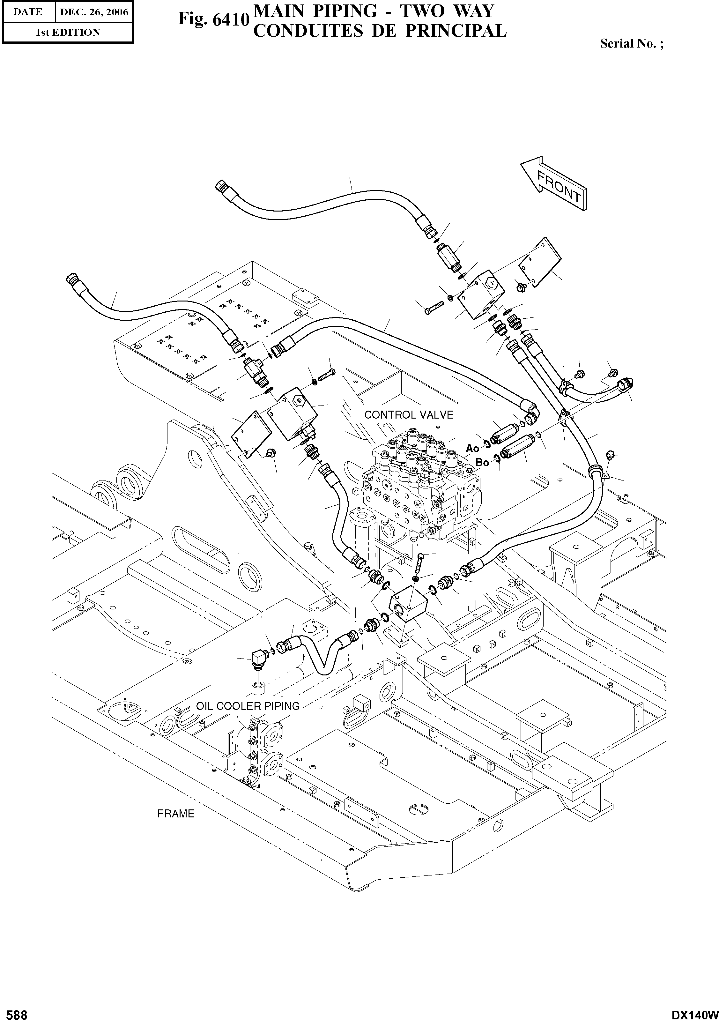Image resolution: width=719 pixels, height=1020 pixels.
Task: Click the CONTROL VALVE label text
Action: (409, 415)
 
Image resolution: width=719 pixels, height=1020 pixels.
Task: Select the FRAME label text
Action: (176, 814)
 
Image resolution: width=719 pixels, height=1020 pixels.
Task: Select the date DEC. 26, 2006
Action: (94, 12)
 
